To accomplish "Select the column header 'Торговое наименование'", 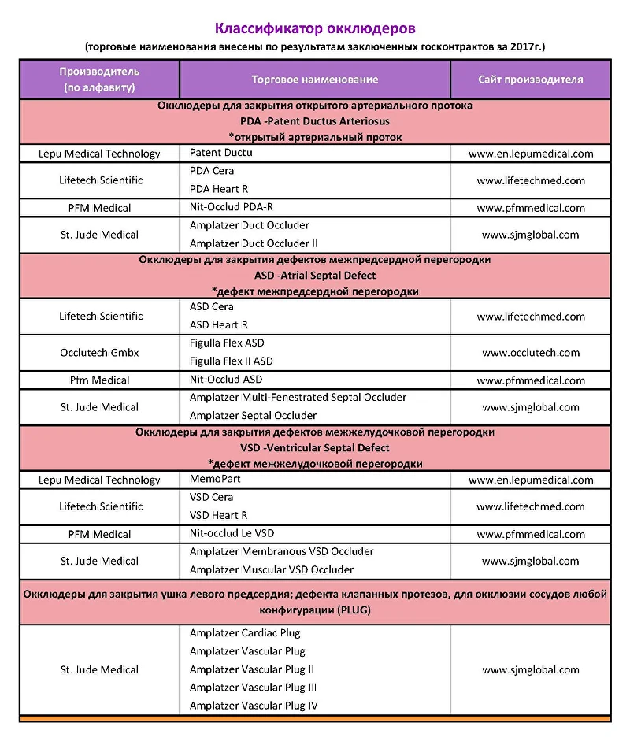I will pos(314,80).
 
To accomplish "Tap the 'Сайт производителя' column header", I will pos(530,80).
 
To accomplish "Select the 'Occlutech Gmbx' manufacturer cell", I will pos(100,353).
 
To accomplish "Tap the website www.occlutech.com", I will pos(530,353).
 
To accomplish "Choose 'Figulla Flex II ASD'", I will pos(231,361).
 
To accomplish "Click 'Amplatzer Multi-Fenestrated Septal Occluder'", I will pos(298,398).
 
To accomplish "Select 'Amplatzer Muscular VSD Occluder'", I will pos(272,569).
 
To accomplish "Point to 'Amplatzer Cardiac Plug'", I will pos(245,632).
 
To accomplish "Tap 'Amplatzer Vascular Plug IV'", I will pos(254,706).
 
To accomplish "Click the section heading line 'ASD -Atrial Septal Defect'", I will pos(315,276).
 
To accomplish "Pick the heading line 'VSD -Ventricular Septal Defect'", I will pos(315,448).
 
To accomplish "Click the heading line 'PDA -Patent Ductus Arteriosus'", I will pos(315,121).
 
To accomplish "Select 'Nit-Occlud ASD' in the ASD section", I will pos(226,380).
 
